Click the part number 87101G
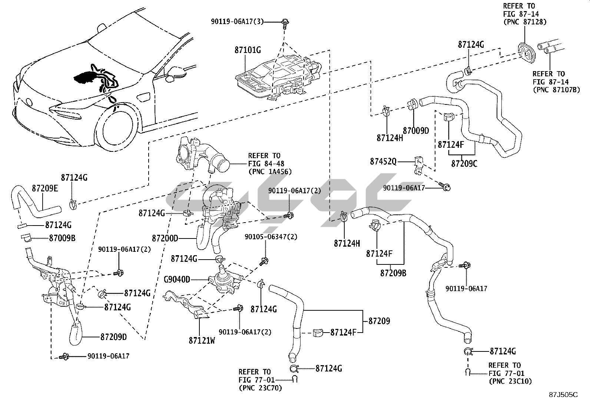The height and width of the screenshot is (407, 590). (248, 50)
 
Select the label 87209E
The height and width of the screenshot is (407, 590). (45, 188)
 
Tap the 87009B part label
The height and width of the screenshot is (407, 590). (62, 238)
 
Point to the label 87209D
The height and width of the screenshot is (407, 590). (114, 337)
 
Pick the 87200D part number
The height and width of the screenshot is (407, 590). (165, 238)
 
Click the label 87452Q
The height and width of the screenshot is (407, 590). (383, 162)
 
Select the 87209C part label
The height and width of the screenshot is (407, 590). (464, 163)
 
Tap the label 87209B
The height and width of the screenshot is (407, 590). (393, 273)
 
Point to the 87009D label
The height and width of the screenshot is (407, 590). (416, 130)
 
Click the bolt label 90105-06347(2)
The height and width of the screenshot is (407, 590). (271, 237)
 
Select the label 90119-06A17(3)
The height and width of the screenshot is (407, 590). (237, 22)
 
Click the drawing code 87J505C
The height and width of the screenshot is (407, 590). (563, 395)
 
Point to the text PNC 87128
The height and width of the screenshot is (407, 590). (525, 22)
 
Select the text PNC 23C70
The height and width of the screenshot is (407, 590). (260, 388)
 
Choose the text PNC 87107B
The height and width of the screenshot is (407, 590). (556, 89)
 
